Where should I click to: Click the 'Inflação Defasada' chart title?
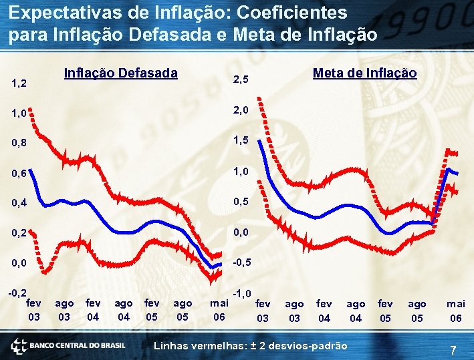tap(120, 73)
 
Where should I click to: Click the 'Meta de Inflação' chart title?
tap(364, 73)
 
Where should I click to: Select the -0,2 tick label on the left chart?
tap(17, 293)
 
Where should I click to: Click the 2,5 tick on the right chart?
tap(240, 80)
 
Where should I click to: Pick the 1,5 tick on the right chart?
tap(240, 141)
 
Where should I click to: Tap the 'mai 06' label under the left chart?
tap(219, 310)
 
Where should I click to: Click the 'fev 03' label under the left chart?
tap(33, 309)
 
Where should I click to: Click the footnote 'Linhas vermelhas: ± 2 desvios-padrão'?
tap(251, 346)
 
